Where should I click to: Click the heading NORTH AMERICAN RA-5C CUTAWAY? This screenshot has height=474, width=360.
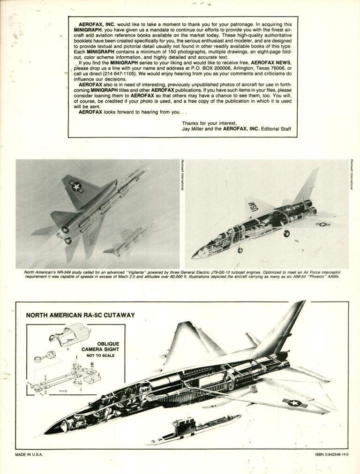point(80,315)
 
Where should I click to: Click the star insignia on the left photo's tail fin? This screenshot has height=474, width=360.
point(75,187)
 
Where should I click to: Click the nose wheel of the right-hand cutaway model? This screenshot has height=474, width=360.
point(240,250)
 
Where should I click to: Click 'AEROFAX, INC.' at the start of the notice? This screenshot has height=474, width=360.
point(98,23)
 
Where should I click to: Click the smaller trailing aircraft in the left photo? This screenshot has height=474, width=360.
point(129,239)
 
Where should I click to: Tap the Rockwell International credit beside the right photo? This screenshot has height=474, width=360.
point(351,174)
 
